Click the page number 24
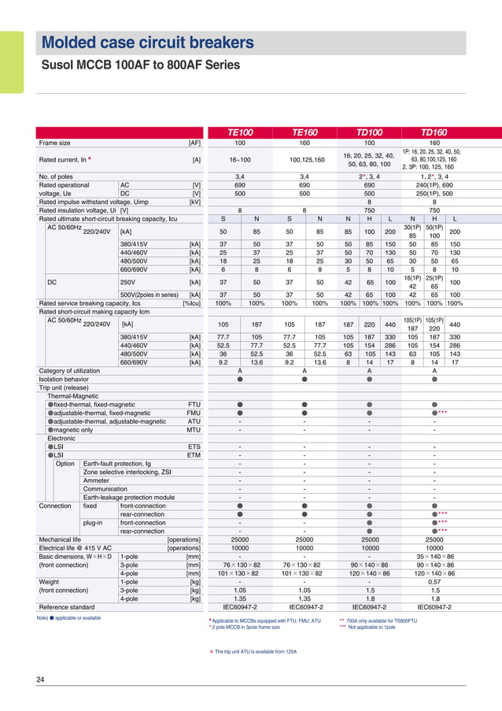[x=40, y=680]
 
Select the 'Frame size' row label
[x=55, y=143]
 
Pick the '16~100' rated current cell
[x=240, y=160]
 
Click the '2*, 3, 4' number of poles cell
[x=369, y=176]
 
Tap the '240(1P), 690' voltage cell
[x=434, y=185]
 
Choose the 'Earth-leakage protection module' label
[x=129, y=497]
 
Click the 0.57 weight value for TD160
[x=434, y=582]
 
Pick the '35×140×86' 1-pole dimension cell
[x=434, y=557]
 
